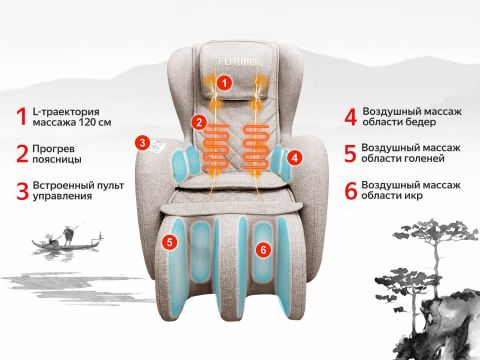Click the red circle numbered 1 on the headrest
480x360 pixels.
tap(224, 83)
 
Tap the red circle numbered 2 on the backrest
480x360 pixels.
tap(199, 123)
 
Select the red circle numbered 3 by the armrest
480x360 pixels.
tap(142, 143)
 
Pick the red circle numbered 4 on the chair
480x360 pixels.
tap(295, 157)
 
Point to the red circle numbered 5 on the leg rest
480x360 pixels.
tap(170, 242)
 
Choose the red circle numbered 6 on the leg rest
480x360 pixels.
tap(263, 249)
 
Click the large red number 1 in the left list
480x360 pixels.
tap(22, 117)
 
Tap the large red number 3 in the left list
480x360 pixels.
tap(22, 190)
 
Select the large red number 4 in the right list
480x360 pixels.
tap(351, 117)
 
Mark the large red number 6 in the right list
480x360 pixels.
tap(351, 190)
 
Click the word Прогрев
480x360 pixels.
tap(53, 149)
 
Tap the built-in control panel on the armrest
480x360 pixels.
tap(157, 146)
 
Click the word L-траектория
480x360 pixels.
tap(66, 112)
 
